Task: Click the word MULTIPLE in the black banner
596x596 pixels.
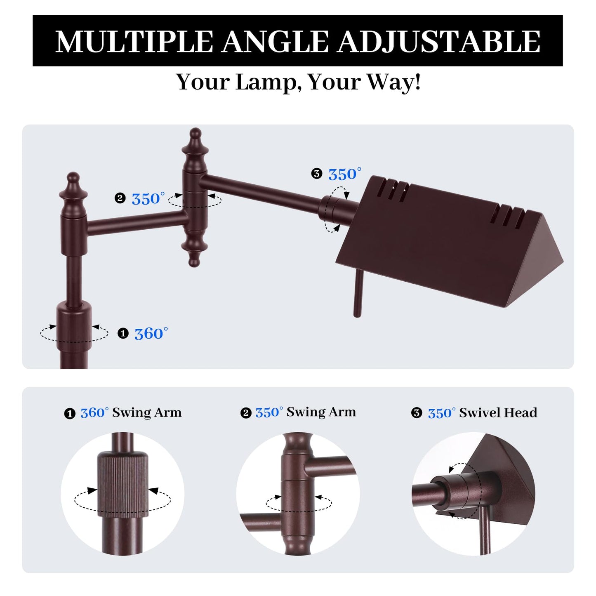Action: tap(134, 42)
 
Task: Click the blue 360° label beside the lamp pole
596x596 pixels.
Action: tap(151, 333)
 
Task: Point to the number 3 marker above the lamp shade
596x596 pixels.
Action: tap(316, 174)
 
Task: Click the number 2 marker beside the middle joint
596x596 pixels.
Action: tap(120, 198)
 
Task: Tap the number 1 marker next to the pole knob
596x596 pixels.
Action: tap(123, 333)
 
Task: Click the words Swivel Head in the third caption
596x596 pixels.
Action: tap(498, 413)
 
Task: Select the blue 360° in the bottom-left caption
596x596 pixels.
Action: tap(94, 412)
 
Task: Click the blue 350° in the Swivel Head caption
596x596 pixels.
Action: tap(442, 413)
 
